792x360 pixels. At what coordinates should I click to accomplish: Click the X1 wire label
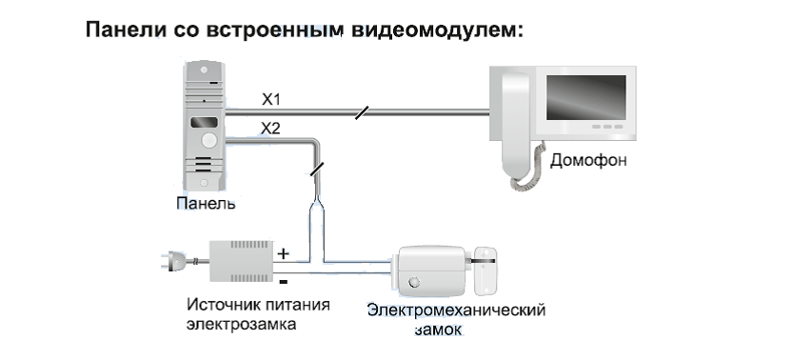click(272, 99)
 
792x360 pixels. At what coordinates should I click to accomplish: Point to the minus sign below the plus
click(283, 281)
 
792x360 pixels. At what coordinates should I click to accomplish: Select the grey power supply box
click(241, 259)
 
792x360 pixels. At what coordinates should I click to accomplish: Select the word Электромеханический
click(456, 310)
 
